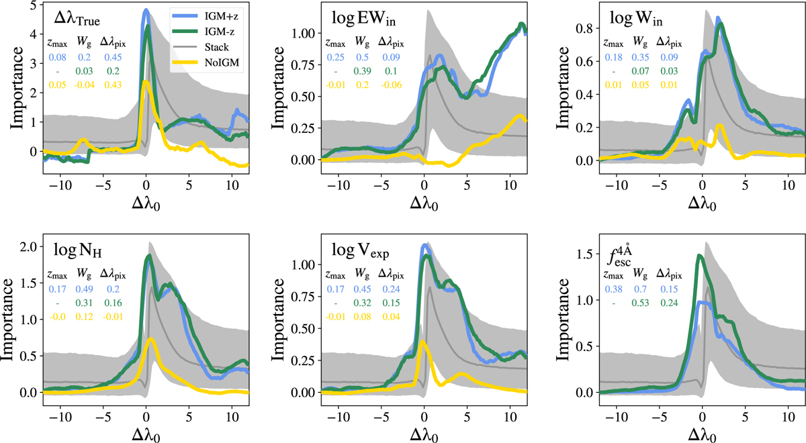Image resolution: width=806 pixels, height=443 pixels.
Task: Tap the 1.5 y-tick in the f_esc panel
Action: tap(581, 255)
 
